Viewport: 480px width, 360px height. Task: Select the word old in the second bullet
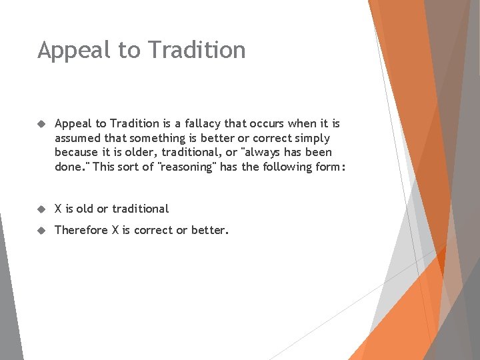click(85, 209)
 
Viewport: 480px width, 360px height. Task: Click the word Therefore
click(81, 230)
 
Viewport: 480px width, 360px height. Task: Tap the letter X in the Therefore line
click(115, 230)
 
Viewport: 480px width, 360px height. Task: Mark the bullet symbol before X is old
click(41, 209)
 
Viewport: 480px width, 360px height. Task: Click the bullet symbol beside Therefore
click(41, 230)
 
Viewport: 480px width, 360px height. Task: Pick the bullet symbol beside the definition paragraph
click(41, 123)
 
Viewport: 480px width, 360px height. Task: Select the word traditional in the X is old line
click(140, 209)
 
